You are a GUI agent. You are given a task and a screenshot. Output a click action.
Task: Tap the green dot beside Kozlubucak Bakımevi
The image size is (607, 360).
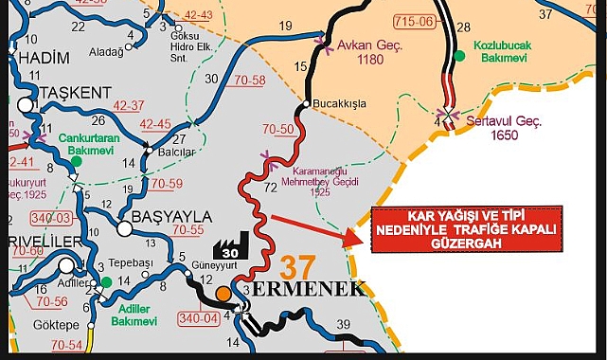pos(459,56)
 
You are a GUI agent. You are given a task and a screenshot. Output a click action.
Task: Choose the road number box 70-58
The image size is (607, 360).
pos(249,81)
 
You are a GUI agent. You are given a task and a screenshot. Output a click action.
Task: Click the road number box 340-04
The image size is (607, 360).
pos(199,319)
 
